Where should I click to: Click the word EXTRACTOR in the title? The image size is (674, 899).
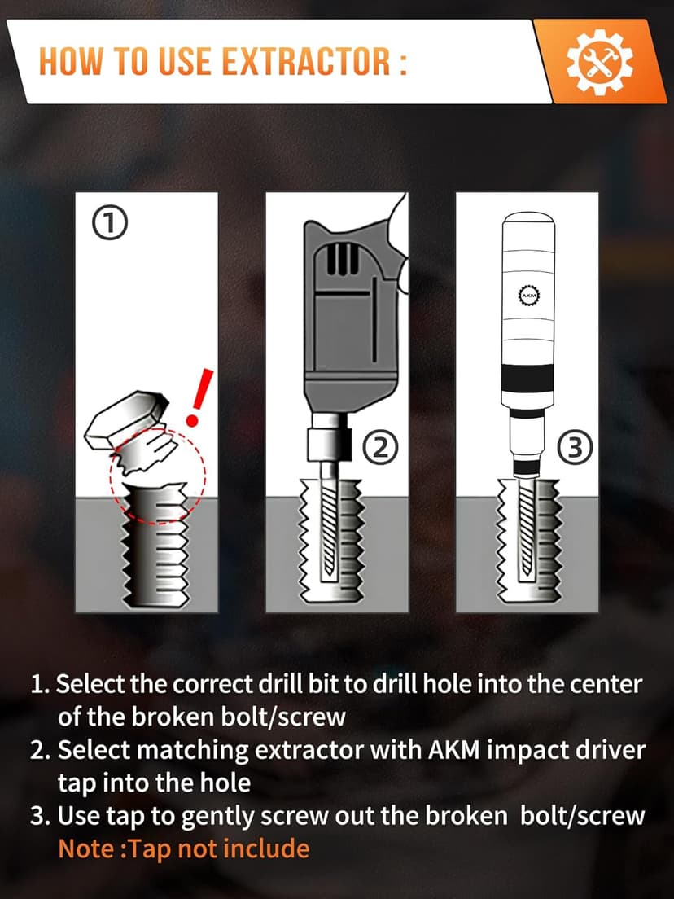coord(302,62)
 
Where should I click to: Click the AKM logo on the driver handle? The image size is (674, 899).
coord(525,293)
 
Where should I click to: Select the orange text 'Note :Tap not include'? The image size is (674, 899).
coord(184,849)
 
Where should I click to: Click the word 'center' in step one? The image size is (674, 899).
coord(603,683)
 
